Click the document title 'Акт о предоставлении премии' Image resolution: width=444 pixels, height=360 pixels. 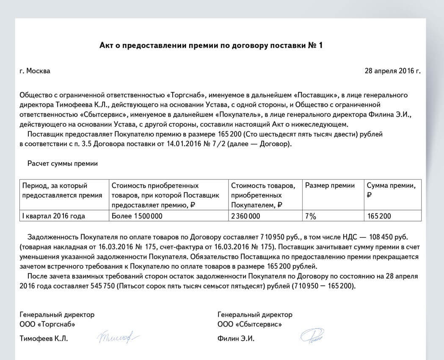point(210,45)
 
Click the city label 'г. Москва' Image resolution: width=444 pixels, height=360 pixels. point(35,71)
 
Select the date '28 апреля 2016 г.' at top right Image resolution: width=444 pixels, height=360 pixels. point(392,71)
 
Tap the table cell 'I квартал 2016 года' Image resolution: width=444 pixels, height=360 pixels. point(53,216)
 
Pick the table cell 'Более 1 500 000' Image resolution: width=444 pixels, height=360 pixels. point(137,216)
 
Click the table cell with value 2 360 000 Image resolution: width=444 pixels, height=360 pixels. point(245,216)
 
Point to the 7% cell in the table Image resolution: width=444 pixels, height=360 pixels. point(311,216)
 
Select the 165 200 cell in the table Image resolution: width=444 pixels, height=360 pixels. point(379,216)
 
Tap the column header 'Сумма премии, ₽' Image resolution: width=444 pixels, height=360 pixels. point(394,190)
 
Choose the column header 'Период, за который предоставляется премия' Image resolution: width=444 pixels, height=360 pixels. point(62,190)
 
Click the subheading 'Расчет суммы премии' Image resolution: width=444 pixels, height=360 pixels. point(63,163)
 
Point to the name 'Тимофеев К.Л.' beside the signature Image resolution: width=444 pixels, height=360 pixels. point(44,339)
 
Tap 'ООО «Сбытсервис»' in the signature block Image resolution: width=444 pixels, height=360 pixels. point(250,324)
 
